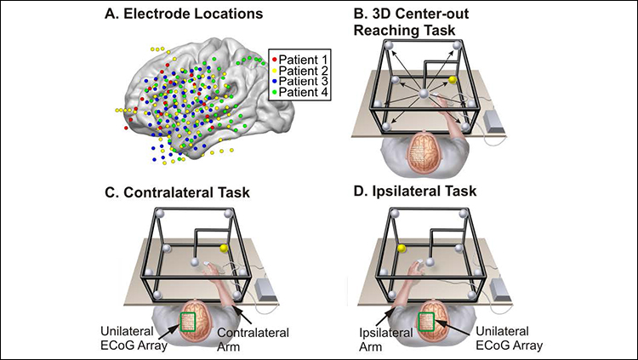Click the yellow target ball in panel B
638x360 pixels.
tap(453, 79)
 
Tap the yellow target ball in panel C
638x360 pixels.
tap(225, 248)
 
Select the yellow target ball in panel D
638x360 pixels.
tap(396, 248)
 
